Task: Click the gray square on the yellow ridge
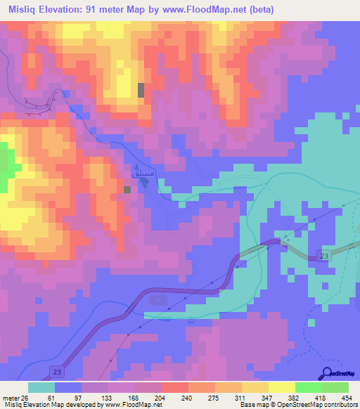[141, 90]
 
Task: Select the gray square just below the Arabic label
[127, 189]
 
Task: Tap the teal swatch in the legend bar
[41, 387]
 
